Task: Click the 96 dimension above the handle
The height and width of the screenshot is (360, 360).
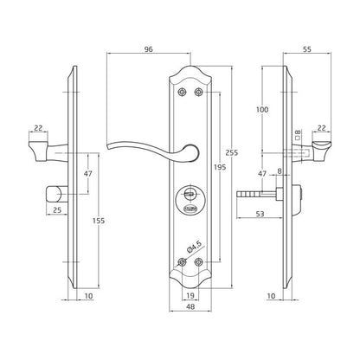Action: pos(148,49)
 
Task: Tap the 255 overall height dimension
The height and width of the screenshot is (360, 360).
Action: pos(232,152)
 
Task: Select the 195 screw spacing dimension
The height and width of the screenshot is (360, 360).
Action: pos(220,167)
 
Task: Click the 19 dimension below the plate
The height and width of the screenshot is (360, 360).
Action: pos(190,296)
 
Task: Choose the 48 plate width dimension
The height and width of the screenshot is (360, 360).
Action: pos(190,307)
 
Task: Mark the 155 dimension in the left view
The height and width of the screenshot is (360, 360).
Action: pos(99,222)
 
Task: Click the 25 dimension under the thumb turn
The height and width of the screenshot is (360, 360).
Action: pos(57,210)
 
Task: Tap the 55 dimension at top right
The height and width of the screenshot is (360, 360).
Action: pos(307,49)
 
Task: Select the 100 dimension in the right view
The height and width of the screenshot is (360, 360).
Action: pos(262,110)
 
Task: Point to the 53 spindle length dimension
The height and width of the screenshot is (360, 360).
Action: pos(260,214)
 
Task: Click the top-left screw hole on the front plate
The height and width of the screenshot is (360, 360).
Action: pos(182,92)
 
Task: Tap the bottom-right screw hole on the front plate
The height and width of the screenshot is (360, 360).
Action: pos(198,262)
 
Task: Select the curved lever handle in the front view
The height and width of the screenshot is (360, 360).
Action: pos(153,151)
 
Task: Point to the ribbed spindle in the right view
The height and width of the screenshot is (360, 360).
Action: pos(250,194)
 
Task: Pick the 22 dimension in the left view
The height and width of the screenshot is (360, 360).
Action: pos(39,128)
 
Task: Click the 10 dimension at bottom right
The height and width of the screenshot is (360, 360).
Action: pos(272,296)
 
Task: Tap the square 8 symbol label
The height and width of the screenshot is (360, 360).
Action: pos(298,134)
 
